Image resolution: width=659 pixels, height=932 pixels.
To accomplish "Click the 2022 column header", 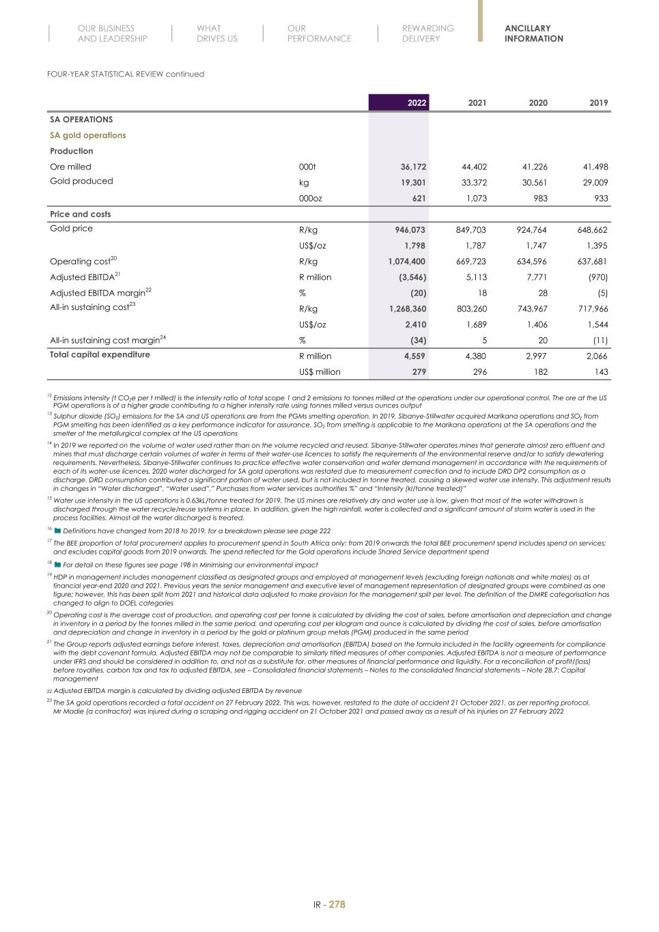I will pos(417,102).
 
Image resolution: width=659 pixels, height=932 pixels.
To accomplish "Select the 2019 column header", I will pos(598,102).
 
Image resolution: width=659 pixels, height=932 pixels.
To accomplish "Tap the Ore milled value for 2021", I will pos(472,167).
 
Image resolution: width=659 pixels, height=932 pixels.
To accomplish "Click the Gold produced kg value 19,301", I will pos(412,182).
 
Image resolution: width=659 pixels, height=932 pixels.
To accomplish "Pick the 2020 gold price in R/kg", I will pos(531,230).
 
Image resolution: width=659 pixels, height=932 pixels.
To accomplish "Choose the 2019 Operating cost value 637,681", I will pos(592,262).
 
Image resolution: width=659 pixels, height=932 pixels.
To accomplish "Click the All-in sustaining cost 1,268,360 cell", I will pos(407,309).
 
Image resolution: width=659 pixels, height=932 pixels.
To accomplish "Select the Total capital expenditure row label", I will pos(100,354).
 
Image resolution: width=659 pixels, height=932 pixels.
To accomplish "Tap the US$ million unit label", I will pos(320,372).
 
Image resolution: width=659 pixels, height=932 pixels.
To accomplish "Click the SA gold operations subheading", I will pos(87,135).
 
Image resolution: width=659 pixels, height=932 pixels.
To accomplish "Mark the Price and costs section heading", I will pos(80,214).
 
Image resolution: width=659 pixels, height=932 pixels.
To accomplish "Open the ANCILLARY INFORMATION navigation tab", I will pos(533,33).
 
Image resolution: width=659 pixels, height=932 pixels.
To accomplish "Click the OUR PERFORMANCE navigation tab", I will pos(319,33).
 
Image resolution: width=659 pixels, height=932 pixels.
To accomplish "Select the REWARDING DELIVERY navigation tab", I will pos(427,33).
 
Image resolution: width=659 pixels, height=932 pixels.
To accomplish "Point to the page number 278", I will pos(337,904).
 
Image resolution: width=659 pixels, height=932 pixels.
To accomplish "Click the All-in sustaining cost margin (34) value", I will pos(418,340).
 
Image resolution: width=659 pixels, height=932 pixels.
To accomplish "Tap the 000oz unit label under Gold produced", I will pos(311,198).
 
